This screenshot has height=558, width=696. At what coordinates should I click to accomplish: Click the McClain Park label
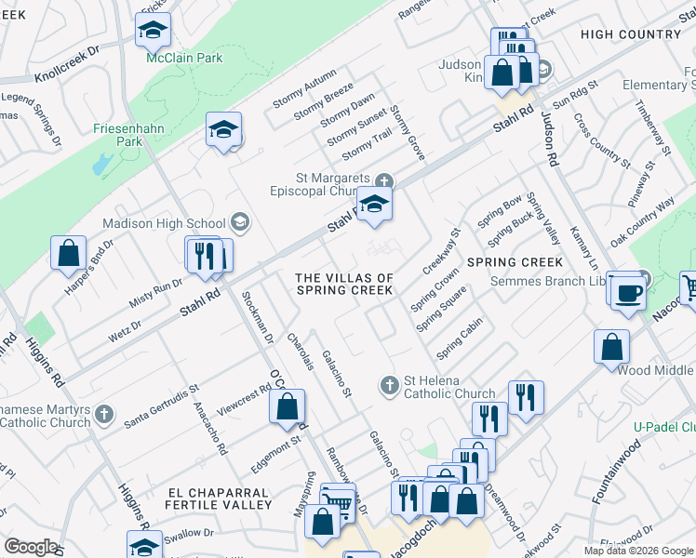[185, 58]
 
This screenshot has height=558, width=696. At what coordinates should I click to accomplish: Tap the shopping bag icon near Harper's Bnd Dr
[69, 254]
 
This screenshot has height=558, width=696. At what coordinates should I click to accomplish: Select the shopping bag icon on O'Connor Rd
[288, 405]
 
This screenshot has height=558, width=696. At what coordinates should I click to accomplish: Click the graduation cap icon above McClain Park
[154, 31]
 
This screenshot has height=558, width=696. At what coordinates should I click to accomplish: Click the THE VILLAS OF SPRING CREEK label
[344, 284]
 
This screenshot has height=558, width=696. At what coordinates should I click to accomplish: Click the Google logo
[32, 546]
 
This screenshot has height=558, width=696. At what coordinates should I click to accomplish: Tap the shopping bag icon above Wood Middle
[611, 347]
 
